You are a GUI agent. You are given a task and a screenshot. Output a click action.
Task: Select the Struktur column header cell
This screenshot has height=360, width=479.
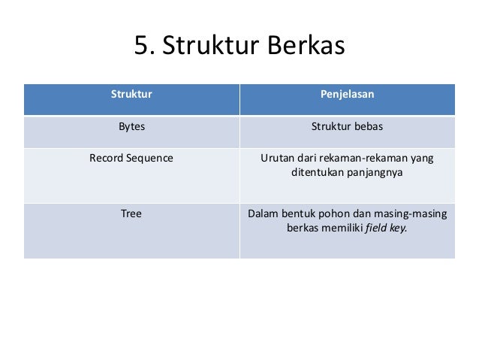pos(131,95)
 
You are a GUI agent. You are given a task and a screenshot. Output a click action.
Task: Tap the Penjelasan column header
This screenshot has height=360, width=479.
pos(347,95)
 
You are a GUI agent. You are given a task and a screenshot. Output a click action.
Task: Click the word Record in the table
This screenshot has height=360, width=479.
pos(107,159)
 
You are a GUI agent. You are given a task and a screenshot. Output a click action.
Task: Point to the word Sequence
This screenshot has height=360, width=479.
pos(151,159)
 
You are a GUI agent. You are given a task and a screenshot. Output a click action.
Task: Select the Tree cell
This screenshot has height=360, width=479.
pos(131,213)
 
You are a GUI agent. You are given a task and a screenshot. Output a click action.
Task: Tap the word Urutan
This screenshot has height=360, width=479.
pos(278,159)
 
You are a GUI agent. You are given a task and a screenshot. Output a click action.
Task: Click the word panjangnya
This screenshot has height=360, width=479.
pos(375,173)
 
